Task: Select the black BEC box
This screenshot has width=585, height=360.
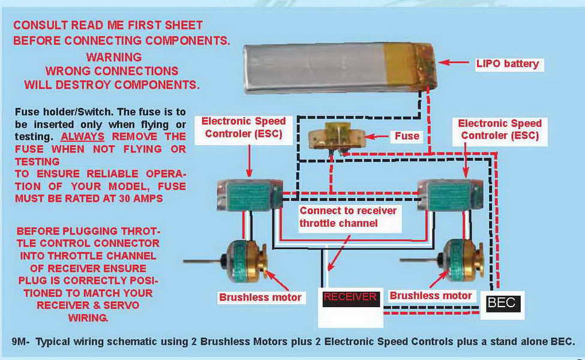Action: click(502, 303)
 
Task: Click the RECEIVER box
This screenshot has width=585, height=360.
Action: click(350, 297)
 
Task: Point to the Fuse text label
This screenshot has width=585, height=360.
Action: click(406, 136)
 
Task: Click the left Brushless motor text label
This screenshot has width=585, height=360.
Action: click(260, 297)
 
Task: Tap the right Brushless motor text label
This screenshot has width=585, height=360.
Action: click(430, 296)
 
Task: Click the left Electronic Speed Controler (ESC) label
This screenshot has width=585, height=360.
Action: click(244, 128)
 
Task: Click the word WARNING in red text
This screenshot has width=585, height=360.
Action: click(113, 58)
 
